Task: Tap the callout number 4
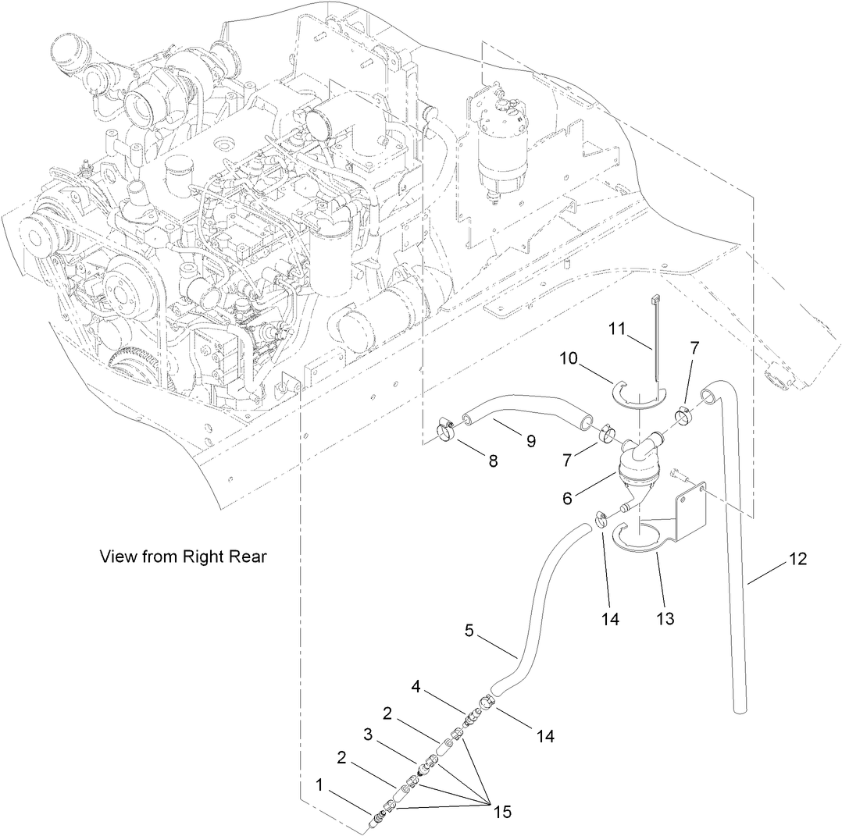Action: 417,687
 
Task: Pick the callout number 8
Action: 494,461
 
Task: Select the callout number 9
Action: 530,441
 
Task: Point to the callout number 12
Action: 797,559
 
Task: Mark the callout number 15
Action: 501,812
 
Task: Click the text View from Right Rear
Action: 183,557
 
